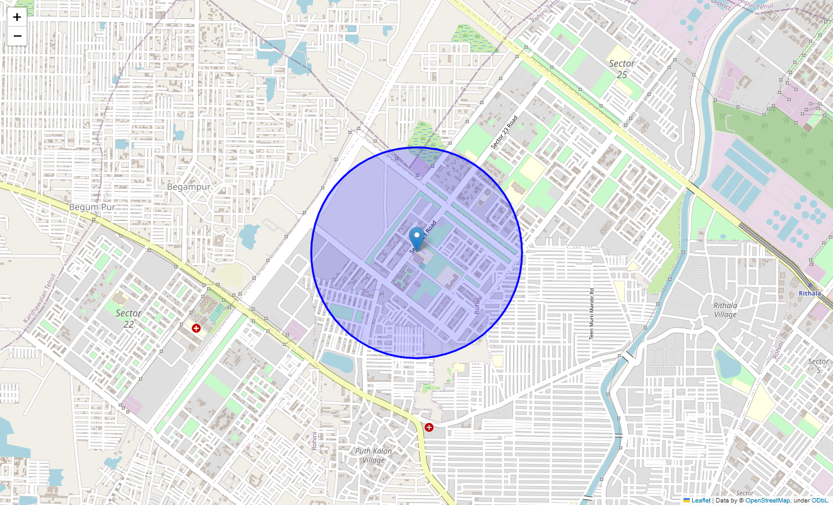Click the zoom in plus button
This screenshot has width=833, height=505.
point(17,18)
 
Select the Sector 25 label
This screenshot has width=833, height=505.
point(622,69)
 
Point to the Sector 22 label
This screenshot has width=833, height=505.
point(129,318)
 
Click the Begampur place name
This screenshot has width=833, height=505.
point(189,187)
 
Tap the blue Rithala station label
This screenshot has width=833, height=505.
point(810,294)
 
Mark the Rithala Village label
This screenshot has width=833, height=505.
point(725,310)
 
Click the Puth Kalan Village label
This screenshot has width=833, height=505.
point(374,455)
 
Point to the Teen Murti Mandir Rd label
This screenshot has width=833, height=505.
point(592,314)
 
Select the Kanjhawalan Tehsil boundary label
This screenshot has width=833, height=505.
point(40,299)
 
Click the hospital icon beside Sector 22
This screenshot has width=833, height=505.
point(196,328)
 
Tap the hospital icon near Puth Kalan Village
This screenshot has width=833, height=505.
point(429,427)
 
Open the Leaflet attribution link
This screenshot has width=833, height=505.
point(700,501)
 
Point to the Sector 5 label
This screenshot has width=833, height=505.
point(818,365)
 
